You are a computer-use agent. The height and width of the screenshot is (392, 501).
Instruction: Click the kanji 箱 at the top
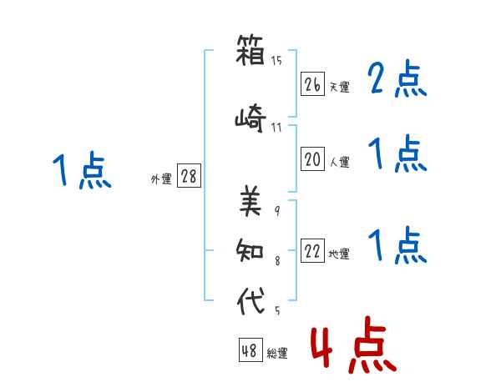pos(250,50)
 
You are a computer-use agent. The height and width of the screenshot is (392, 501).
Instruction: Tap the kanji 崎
pos(250,118)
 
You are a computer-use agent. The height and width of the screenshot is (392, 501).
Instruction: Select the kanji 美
pos(250,201)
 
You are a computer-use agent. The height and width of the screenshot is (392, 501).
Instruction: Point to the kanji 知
pos(250,250)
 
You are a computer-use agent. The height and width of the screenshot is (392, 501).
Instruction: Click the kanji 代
pos(250,300)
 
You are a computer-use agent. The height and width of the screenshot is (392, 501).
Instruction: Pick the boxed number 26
pos(312,84)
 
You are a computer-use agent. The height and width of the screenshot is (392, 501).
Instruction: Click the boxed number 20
pos(312,159)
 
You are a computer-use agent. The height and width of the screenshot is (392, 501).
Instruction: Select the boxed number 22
pos(312,250)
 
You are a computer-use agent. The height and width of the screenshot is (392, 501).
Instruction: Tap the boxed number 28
pos(189,176)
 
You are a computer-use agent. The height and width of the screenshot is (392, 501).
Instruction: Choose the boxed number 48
pos(250,350)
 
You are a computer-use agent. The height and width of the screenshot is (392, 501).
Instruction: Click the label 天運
pos(340,87)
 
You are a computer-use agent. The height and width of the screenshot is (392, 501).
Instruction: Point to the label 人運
pos(340,162)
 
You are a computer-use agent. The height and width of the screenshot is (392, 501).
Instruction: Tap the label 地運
pos(339,254)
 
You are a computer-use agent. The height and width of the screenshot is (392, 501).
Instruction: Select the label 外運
pos(161,179)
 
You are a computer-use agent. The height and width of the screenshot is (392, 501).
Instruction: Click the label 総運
pos(277,354)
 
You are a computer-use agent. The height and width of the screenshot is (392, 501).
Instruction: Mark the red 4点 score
pos(354,344)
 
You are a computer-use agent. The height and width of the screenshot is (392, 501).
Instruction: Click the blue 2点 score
pos(397,78)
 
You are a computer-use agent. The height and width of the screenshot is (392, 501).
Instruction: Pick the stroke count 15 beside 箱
pos(276,61)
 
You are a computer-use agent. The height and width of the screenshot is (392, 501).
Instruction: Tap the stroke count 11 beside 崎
pos(276,128)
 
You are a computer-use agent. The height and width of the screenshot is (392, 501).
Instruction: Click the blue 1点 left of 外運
pos(82,170)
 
